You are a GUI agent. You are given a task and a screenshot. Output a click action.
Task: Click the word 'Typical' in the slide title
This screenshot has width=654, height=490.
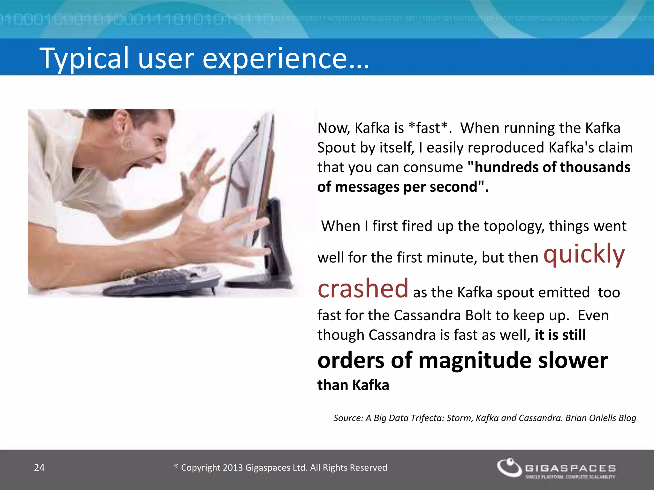click(x=84, y=58)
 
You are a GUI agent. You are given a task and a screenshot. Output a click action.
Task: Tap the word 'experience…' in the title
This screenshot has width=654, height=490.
click(x=285, y=58)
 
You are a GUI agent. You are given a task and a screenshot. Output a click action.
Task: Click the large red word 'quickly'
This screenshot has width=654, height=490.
click(x=584, y=254)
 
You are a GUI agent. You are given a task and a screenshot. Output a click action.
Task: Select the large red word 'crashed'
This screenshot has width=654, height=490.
click(x=363, y=288)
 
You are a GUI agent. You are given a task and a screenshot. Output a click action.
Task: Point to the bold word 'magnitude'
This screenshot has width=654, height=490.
click(x=475, y=360)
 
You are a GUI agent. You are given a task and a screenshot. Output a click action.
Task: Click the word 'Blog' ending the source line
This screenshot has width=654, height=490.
click(x=627, y=418)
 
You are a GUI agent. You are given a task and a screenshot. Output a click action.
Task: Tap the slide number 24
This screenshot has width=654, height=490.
click(x=39, y=468)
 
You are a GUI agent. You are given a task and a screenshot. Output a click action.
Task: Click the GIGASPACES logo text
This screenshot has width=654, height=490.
click(x=570, y=468)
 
